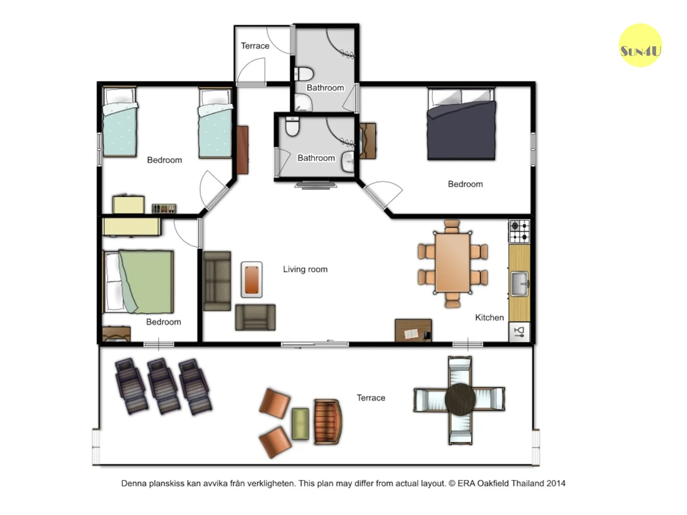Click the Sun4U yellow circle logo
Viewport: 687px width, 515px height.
tap(640, 45)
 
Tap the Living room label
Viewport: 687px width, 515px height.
tap(305, 269)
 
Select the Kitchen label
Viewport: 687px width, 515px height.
tap(490, 317)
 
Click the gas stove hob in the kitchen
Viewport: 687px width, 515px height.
tap(519, 231)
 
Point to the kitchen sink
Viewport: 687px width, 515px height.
tap(520, 284)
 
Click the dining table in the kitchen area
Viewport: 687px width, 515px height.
tap(453, 263)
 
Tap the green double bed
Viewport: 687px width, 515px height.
tap(138, 282)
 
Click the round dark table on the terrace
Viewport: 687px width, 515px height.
tap(460, 399)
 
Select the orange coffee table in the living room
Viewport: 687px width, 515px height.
tap(251, 280)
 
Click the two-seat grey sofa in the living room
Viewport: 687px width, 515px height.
tap(217, 281)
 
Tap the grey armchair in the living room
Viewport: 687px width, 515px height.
tap(256, 317)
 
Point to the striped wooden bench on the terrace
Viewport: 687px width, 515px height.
tap(328, 422)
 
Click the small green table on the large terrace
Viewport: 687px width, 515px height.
tap(300, 423)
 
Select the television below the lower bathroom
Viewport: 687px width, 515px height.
tap(316, 185)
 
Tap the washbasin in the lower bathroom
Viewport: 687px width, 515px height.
tap(348, 162)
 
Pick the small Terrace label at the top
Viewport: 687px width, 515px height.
tap(255, 46)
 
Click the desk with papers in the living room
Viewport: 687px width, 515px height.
tap(413, 331)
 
